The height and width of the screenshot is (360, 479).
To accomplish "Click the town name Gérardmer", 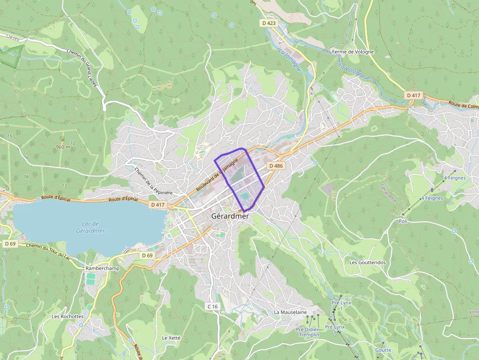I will (x=230, y=216).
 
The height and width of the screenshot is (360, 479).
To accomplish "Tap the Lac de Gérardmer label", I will (x=90, y=227).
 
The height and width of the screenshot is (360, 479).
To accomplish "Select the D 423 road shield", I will (x=268, y=23).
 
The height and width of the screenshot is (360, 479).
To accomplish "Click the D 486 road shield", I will (x=276, y=166).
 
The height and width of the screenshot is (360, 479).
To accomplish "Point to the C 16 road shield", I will (x=212, y=306).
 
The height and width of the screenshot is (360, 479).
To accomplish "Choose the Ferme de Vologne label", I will (x=352, y=52).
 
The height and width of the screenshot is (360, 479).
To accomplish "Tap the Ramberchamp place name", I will (x=100, y=268).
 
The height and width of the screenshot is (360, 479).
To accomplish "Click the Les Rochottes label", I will (x=68, y=317).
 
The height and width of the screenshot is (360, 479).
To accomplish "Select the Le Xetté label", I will (x=172, y=338).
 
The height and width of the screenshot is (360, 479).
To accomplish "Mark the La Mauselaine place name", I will (x=290, y=312).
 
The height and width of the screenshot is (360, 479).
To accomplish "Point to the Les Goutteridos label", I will (x=367, y=262).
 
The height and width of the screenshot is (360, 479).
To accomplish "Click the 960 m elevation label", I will (x=63, y=147).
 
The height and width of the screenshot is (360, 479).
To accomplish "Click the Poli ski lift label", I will (x=403, y=221).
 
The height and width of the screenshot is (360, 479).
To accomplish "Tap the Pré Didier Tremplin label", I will (x=308, y=332).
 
